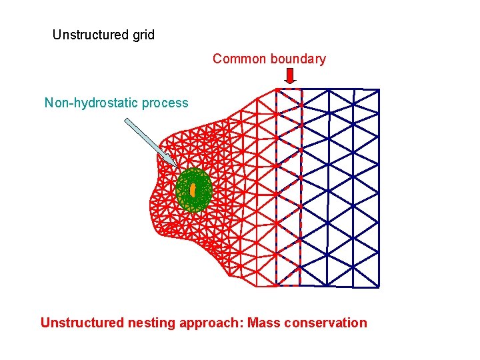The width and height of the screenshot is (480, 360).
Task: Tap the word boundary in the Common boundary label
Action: point(297,59)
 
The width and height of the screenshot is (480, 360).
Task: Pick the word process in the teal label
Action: point(165,103)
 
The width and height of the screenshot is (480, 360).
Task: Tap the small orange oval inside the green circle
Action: point(193,191)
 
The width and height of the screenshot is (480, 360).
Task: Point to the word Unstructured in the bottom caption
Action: point(82,323)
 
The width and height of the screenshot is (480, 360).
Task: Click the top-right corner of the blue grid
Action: point(379,89)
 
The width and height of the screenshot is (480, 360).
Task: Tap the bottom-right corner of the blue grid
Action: point(379,287)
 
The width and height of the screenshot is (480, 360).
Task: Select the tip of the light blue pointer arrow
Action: point(176,167)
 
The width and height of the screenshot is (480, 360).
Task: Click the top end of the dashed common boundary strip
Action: point(289,89)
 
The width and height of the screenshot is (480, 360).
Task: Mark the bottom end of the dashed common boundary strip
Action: point(289,285)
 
